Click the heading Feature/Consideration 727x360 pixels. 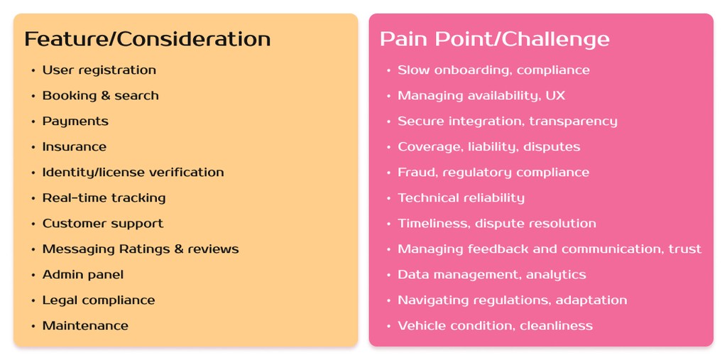pos(147,38)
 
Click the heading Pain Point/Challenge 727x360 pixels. pos(494,38)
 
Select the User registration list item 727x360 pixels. pos(99,70)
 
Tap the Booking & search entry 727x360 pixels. pos(100,96)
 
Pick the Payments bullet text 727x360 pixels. pos(75,121)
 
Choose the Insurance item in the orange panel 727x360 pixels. pos(74,147)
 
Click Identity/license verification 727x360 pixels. pos(133,173)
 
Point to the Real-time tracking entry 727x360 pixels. pos(104,198)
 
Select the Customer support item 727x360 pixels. pos(102,224)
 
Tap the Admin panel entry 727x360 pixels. pos(82,275)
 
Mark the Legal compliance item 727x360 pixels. pos(98,300)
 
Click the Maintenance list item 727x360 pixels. pos(85,326)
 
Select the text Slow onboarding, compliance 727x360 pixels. pos(493,70)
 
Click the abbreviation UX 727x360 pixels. pos(555,96)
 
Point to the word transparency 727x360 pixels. pos(572,121)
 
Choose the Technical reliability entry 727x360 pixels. pos(461,198)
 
